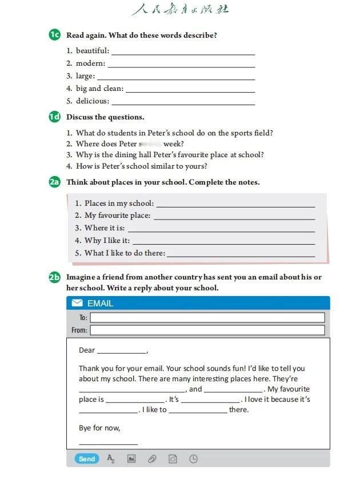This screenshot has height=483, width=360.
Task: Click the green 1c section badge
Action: point(54,35)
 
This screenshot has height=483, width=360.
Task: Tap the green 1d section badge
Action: point(54,117)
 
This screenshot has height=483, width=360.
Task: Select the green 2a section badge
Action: point(54,182)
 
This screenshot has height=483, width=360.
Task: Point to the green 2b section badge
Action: point(54,277)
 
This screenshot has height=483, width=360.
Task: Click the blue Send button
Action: point(87,458)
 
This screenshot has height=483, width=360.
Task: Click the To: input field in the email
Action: point(207,317)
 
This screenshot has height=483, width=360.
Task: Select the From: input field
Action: point(207,330)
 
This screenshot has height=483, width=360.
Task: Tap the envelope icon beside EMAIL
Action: point(77,303)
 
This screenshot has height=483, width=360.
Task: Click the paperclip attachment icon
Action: point(152,458)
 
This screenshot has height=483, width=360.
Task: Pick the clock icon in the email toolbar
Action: point(193,458)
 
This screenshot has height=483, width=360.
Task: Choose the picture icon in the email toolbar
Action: point(131,458)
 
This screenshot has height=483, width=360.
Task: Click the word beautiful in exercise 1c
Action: point(92,51)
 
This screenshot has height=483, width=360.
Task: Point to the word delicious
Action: point(92,101)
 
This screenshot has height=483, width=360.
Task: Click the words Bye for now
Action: point(99,428)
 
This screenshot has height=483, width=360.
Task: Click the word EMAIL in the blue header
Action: point(100,303)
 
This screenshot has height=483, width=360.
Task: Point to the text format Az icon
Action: point(111,458)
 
